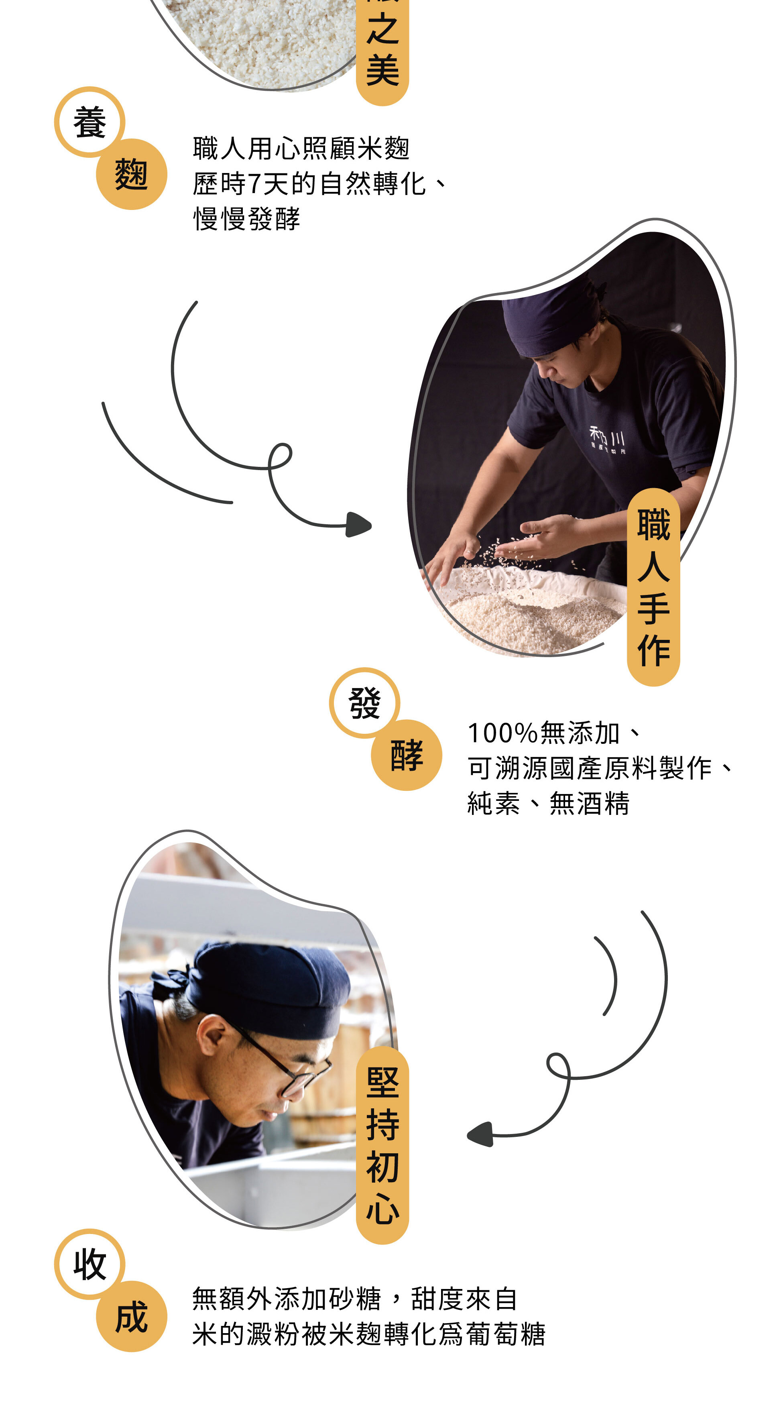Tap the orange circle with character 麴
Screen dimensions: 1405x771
point(131,175)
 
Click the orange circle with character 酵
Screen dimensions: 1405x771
point(406,755)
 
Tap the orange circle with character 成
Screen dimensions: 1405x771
point(131,1316)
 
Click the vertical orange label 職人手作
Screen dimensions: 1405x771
point(653,587)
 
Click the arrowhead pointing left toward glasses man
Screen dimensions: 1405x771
point(481,1134)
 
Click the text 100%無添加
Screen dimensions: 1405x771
point(543,733)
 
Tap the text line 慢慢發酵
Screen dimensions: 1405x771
point(246,219)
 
